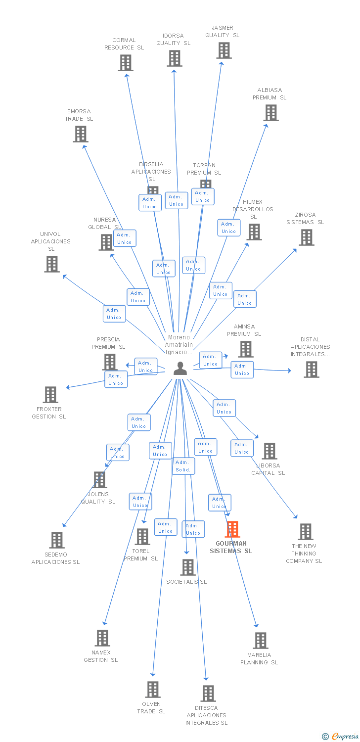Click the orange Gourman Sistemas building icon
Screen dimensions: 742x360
pos(232,529)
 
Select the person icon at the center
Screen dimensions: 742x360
pos(180,369)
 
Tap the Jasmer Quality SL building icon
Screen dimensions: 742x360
pos(224,50)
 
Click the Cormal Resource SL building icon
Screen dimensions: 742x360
pos(126,63)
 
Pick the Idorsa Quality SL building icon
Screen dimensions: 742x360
pos(174,58)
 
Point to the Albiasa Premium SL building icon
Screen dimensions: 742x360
pos(270,113)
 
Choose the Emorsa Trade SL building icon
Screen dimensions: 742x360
pos(81,134)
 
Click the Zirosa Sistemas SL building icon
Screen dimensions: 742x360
pos(306,237)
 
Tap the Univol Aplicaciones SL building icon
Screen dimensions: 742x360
pos(52,264)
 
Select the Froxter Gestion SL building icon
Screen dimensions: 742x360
pos(50,395)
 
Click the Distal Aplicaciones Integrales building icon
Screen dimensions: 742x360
pos(311,370)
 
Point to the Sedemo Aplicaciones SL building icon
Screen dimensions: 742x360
pos(57,540)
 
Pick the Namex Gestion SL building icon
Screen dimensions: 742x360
pos(102,638)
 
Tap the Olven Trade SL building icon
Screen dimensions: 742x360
pos(153,690)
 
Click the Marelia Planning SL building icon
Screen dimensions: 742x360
pos(260,641)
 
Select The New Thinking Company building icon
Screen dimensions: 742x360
pos(306,532)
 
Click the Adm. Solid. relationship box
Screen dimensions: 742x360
pos(183,466)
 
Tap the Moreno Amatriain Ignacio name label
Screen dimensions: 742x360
pos(179,345)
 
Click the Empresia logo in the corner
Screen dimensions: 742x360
pos(341,737)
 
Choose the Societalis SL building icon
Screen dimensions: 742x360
pos(188,567)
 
